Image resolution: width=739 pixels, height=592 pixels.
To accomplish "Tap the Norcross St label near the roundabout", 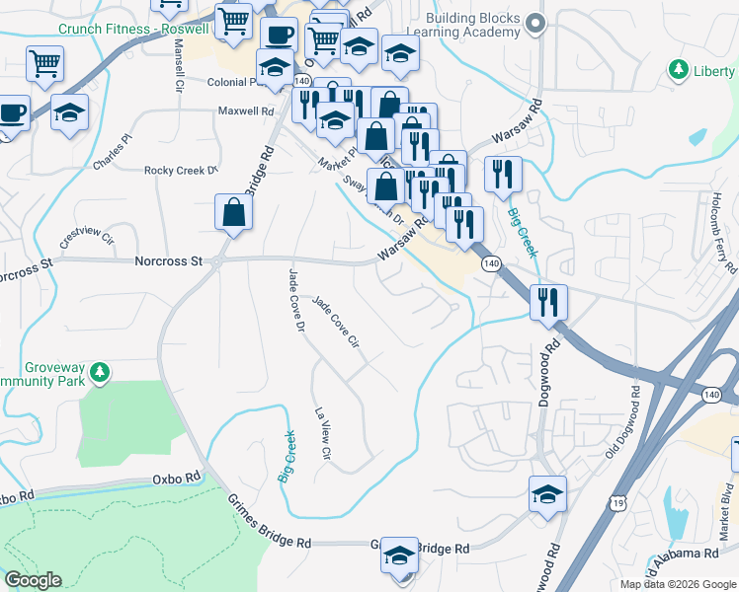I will (168, 261).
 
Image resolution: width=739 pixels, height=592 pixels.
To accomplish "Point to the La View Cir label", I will (321, 434).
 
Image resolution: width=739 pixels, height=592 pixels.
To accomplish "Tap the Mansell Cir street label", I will (179, 65).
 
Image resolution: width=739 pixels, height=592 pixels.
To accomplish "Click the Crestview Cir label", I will (87, 238).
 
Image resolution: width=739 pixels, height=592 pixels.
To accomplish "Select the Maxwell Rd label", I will (246, 111).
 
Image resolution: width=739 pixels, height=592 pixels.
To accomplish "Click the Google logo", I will (33, 580).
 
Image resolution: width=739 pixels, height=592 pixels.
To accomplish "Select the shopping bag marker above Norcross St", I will (233, 213).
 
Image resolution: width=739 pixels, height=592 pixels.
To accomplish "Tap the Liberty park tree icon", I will (679, 70).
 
